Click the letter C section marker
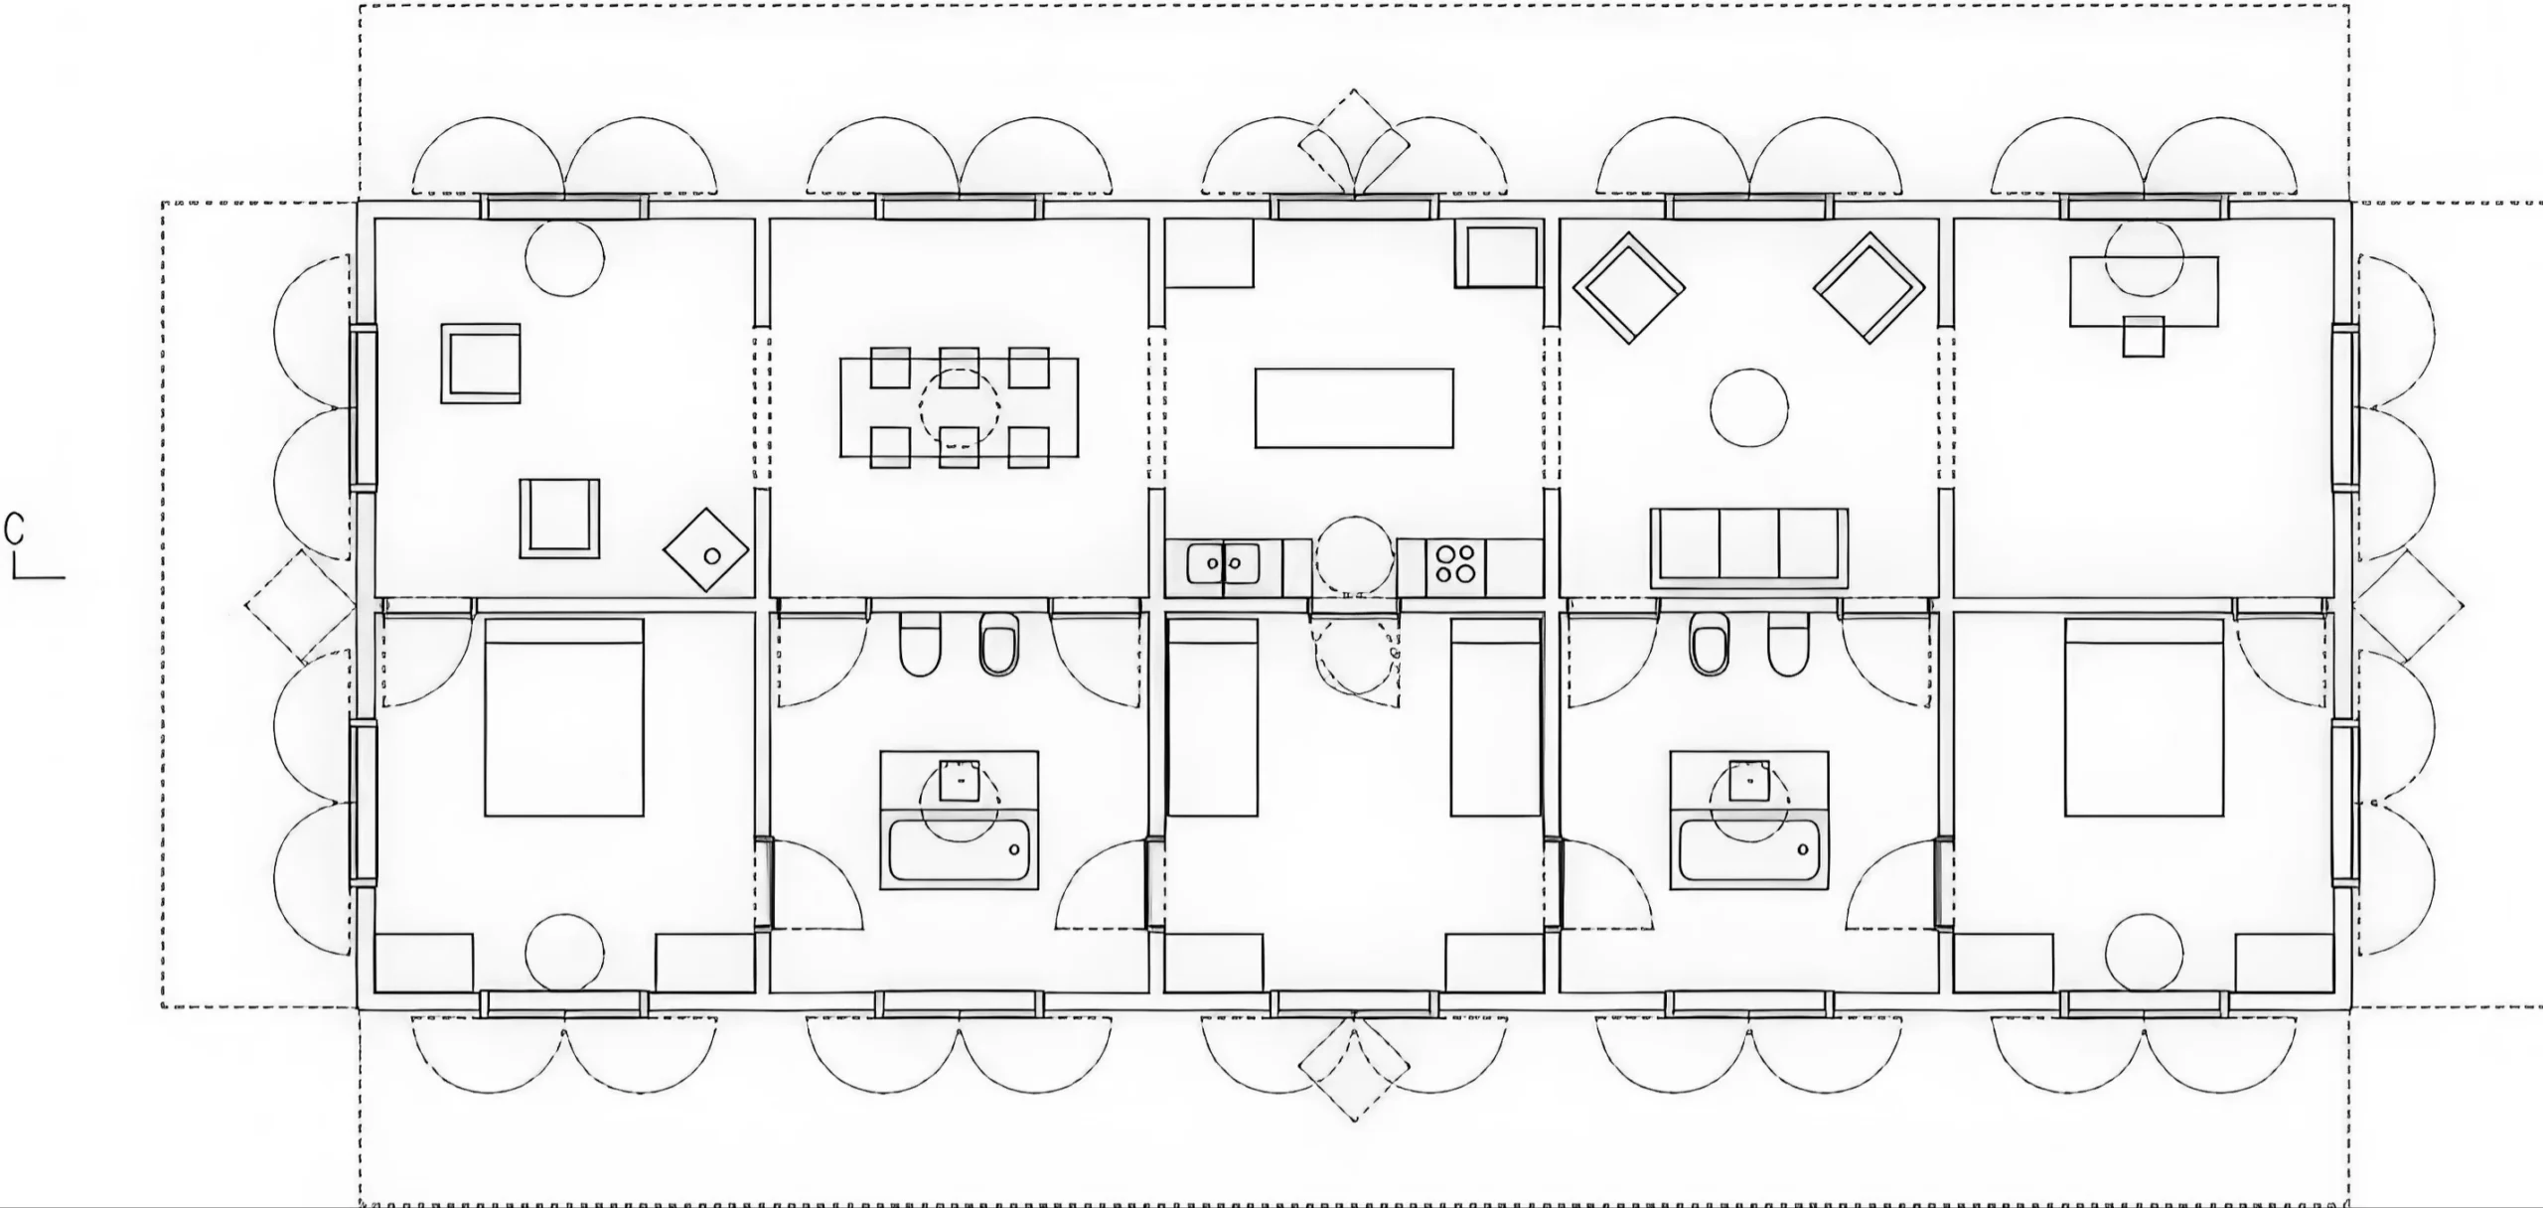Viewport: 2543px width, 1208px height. point(14,529)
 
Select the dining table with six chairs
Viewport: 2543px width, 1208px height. point(959,407)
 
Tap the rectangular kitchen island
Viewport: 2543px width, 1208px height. point(1354,408)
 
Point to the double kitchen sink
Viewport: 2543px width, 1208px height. point(1223,564)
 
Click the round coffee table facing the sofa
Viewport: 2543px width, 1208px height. point(1749,407)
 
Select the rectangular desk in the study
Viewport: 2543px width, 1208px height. point(2144,291)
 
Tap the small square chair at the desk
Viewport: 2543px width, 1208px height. point(2144,337)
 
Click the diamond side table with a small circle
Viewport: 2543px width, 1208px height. point(706,550)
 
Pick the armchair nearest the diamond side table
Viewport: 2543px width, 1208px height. point(559,518)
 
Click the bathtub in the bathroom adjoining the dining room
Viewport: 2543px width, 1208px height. point(959,850)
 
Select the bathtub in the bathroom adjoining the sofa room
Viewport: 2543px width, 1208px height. point(1749,850)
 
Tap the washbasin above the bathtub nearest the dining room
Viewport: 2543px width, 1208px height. point(959,781)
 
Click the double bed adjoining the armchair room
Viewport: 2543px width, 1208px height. point(564,717)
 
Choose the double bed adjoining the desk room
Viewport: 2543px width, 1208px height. point(2144,717)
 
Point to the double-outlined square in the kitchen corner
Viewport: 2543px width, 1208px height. point(1499,256)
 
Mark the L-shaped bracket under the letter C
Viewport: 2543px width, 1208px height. point(38,570)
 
